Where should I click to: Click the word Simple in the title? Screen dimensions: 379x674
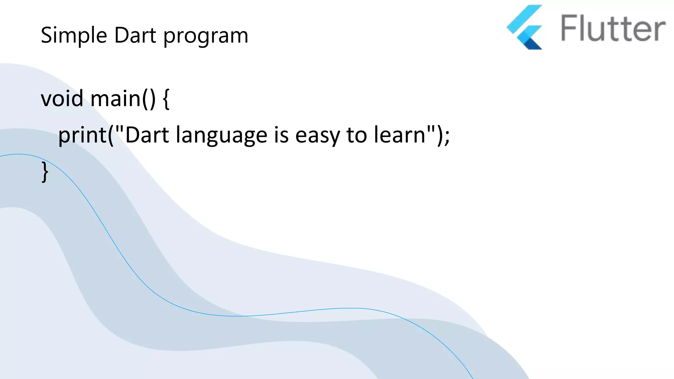click(x=74, y=36)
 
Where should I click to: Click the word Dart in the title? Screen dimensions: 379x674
click(x=135, y=35)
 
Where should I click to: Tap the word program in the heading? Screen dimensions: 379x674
click(x=206, y=36)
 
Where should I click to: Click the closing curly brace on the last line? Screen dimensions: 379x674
click(x=45, y=171)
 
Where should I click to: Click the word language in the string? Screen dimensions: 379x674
click(x=221, y=136)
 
